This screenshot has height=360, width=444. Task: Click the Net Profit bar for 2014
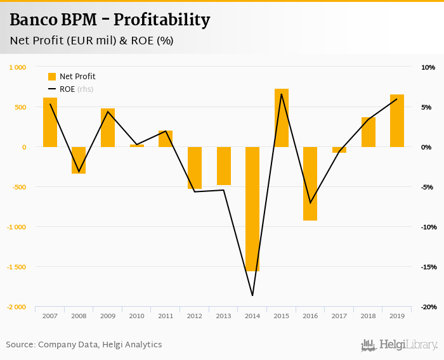(x=252, y=209)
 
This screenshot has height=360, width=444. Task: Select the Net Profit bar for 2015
(x=282, y=118)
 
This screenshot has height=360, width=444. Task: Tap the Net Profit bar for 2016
(x=310, y=184)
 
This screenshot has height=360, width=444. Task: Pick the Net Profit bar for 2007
(x=50, y=122)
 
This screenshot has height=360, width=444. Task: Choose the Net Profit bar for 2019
(x=397, y=121)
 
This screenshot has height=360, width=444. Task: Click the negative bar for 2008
(x=79, y=160)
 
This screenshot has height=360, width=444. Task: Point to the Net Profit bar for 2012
(x=195, y=168)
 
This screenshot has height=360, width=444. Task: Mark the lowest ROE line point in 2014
(x=252, y=295)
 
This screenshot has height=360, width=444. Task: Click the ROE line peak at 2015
(x=282, y=94)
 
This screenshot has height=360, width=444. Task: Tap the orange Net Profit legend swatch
(x=52, y=77)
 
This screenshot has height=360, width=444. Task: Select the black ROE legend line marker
(x=52, y=89)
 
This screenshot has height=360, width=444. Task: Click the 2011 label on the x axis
(x=166, y=316)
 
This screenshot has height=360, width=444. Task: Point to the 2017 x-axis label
(x=339, y=316)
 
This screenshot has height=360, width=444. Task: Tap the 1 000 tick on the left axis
(x=17, y=67)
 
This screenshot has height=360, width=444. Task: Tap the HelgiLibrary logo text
(x=408, y=345)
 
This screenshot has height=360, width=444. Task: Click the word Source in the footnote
(x=20, y=345)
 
